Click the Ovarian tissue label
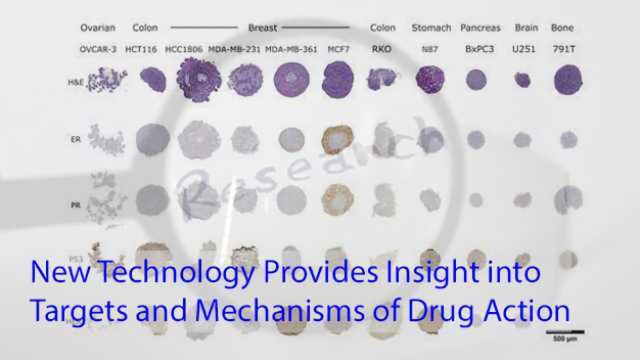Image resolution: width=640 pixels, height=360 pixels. pyautogui.click(x=97, y=28)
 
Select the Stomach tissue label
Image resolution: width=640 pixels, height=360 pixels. pyautogui.click(x=431, y=28)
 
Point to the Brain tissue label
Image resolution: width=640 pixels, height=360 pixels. pyautogui.click(x=526, y=28)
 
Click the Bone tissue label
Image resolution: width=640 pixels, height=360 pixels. pyautogui.click(x=563, y=28)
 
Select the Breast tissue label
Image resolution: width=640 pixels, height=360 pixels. pyautogui.click(x=262, y=28)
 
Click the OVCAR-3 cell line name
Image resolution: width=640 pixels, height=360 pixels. pyautogui.click(x=97, y=49)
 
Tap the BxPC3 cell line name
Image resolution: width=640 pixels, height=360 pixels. pyautogui.click(x=480, y=49)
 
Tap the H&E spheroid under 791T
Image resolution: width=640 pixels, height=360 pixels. pyautogui.click(x=569, y=80)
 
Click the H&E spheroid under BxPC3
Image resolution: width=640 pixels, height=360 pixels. pyautogui.click(x=476, y=80)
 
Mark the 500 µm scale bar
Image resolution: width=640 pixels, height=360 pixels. pyautogui.click(x=565, y=331)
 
